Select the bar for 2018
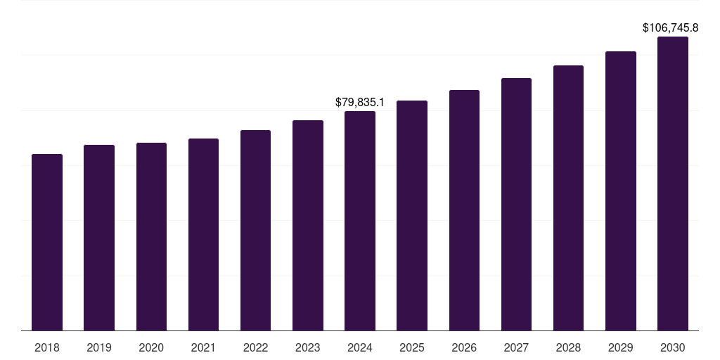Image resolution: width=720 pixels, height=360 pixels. [47, 243]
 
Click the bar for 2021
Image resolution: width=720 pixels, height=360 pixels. [204, 235]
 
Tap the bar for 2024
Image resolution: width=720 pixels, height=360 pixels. [360, 221]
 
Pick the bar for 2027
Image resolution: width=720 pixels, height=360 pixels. [516, 205]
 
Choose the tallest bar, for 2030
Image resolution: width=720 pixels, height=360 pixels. [673, 184]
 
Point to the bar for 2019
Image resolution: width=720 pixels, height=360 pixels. [99, 238]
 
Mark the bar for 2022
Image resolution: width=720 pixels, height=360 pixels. [256, 231]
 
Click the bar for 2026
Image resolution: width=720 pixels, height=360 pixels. [464, 210]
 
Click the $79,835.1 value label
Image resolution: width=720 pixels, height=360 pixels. [360, 103]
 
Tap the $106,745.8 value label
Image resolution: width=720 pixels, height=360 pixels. [670, 28]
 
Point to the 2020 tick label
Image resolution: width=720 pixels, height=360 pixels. [151, 347]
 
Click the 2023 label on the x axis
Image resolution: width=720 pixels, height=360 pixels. [308, 347]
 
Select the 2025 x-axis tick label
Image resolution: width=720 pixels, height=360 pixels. [412, 347]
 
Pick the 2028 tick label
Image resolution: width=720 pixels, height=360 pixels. [568, 347]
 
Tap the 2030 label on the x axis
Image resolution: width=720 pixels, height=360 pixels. [673, 347]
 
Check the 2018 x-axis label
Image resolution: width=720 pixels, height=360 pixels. [47, 347]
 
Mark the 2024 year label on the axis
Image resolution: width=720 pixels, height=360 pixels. [360, 347]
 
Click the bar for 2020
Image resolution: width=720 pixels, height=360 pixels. [151, 237]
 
